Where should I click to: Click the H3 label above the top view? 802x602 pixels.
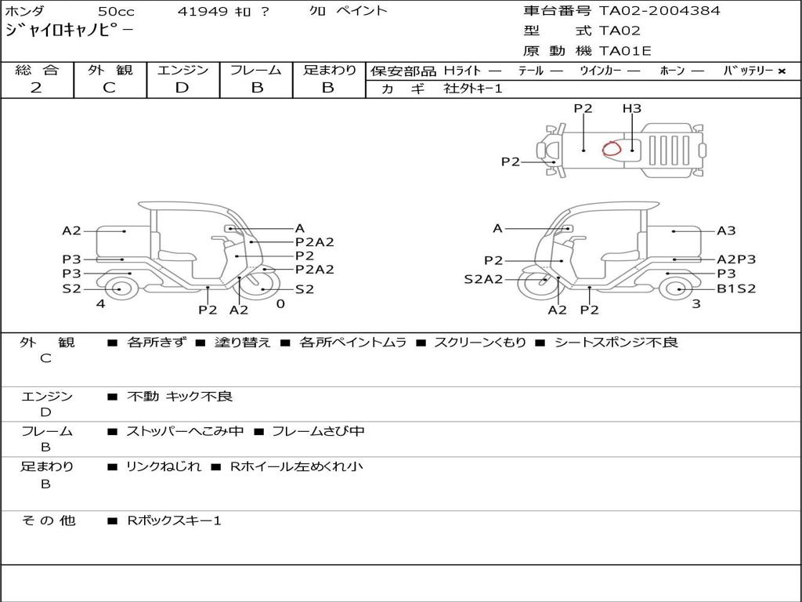(632, 108)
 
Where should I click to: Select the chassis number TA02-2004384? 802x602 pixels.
(659, 11)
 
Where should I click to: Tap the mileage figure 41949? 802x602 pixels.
(203, 11)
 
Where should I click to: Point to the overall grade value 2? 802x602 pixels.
(36, 88)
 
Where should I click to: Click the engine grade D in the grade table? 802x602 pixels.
(182, 88)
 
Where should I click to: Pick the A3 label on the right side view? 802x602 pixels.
(726, 231)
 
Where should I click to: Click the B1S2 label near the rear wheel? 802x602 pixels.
(736, 288)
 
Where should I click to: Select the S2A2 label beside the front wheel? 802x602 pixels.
(483, 280)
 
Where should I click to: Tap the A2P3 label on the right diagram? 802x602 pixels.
(736, 259)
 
